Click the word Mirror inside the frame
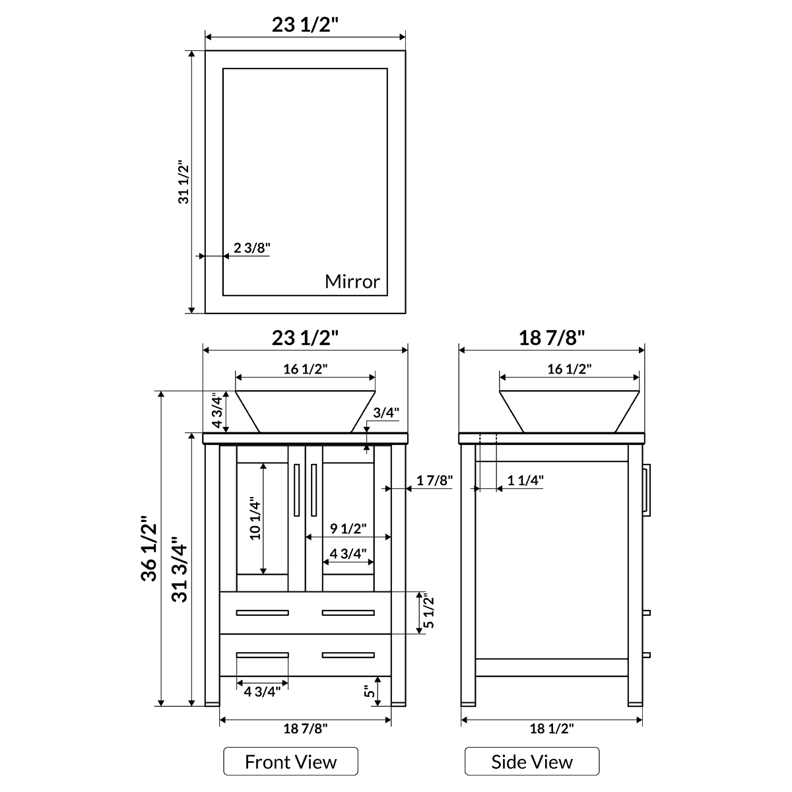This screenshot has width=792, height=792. [352, 282]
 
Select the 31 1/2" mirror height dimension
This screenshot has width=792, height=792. [183, 181]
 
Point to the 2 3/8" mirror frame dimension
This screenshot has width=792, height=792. [251, 248]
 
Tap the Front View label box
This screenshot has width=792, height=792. [290, 762]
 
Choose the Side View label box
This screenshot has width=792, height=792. [532, 762]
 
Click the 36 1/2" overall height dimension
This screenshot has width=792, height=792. [149, 547]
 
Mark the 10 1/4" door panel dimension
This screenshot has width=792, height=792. [255, 519]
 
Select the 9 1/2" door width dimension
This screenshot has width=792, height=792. [348, 528]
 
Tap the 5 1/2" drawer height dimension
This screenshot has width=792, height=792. [429, 612]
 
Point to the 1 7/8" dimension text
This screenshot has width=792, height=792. [434, 480]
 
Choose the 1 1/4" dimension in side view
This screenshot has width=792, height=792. [525, 480]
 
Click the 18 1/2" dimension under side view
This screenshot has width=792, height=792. [552, 728]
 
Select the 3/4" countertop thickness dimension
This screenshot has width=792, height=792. [386, 413]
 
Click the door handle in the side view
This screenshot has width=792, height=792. [647, 488]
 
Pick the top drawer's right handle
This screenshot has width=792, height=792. [348, 612]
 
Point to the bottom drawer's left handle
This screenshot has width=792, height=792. [262, 655]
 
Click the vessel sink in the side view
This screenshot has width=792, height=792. [569, 411]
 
